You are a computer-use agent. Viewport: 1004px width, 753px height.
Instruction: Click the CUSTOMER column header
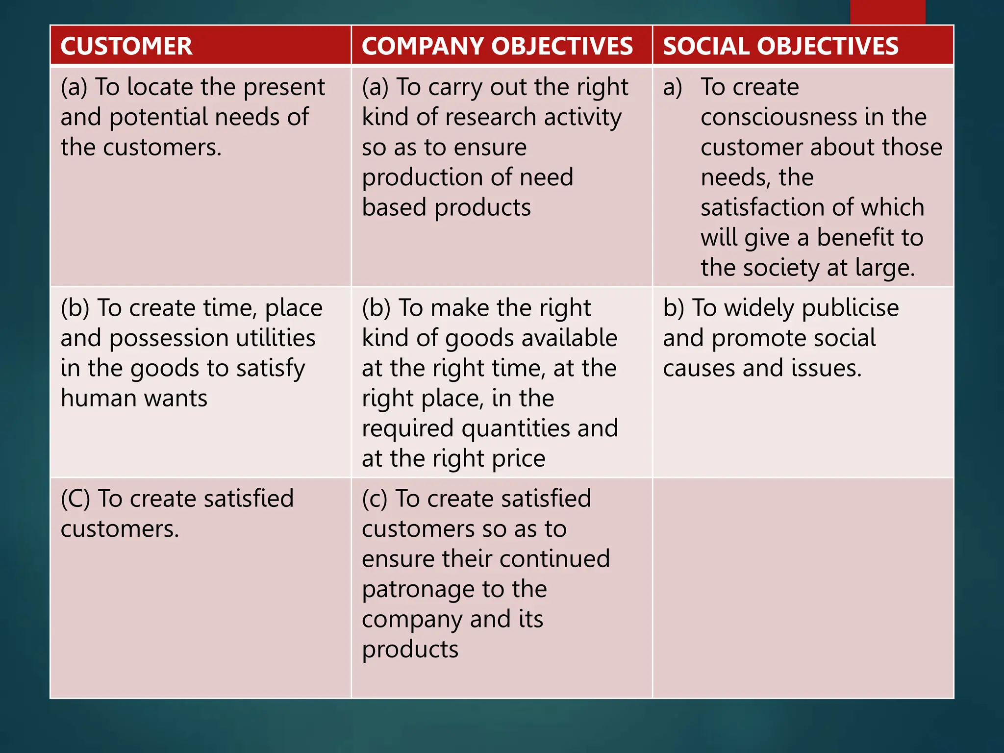coord(126,46)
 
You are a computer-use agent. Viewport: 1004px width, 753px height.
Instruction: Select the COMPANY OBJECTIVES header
coord(497,46)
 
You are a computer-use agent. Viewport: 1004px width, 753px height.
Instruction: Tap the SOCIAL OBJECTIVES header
coord(780,46)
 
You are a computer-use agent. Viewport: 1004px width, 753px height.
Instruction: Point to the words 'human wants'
coord(134,398)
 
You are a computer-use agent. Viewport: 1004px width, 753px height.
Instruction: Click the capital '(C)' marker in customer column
coord(75,499)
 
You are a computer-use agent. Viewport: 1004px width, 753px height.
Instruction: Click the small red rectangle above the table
coord(887,12)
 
